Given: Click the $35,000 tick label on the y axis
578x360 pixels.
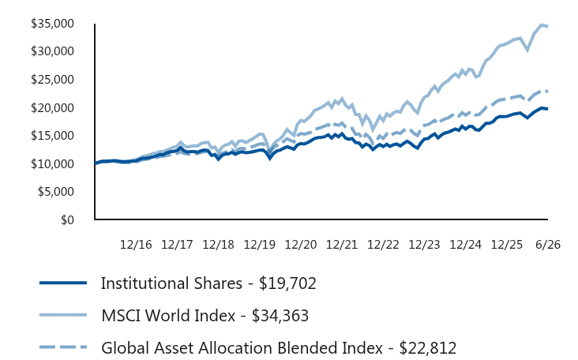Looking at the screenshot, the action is coord(52,24).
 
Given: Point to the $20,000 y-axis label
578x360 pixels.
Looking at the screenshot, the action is coord(52,108).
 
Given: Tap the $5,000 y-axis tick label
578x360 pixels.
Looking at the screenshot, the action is coord(55,192).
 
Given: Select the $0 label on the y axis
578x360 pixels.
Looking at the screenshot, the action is coord(67,220).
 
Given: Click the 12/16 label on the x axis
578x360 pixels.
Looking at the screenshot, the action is coord(136,245).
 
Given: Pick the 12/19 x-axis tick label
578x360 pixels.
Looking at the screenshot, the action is coord(260,245).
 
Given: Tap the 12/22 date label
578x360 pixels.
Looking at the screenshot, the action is coord(383,245).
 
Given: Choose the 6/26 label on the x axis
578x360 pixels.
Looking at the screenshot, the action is coord(548,245).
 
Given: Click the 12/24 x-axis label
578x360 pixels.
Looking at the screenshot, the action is coord(466,245).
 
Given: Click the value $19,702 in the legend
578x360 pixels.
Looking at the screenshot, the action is coord(287,283).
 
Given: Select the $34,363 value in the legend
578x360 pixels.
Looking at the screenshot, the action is coord(280,316).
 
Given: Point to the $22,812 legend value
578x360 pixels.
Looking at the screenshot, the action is coord(428,348).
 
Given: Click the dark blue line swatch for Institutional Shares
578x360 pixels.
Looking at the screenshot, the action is coord(63,283).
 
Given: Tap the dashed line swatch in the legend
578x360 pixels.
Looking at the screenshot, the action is coord(63,347).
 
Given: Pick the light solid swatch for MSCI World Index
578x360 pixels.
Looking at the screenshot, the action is coord(63,315).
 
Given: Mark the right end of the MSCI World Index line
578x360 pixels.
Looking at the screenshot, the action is coord(547,26).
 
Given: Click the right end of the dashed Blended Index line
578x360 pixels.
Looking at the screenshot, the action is coord(547,91).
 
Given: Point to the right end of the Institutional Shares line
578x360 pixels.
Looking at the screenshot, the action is coord(547,109).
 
